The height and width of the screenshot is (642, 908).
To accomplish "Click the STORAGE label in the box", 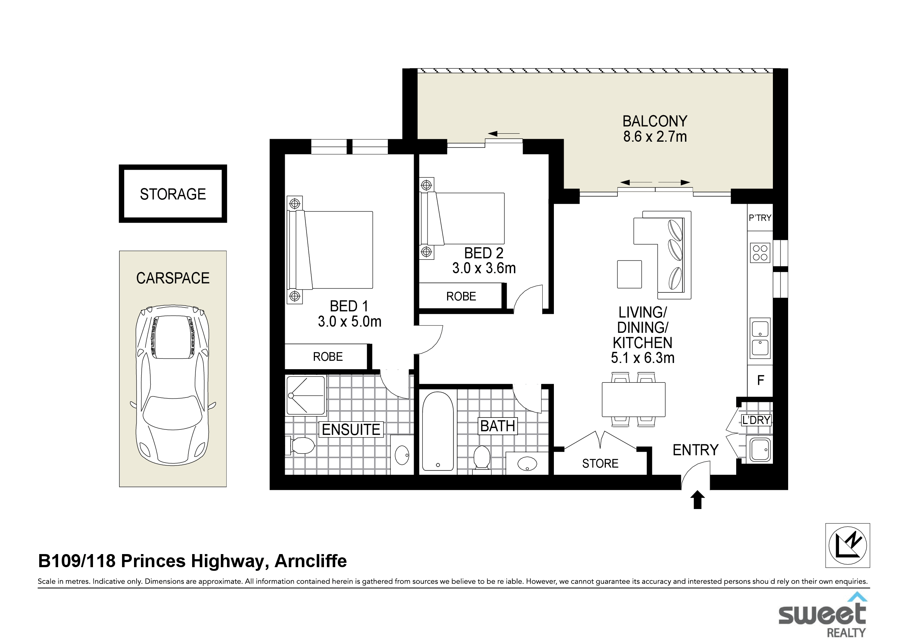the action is click(173, 194).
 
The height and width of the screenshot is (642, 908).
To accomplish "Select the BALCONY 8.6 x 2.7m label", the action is click(655, 129).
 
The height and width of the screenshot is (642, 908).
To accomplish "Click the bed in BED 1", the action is click(329, 250).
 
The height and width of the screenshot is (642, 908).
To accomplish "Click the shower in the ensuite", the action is click(306, 396).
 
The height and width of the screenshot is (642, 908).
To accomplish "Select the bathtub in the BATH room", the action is click(438, 431).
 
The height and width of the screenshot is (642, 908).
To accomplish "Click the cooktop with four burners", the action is click(760, 253).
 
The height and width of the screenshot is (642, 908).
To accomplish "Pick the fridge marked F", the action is click(760, 380).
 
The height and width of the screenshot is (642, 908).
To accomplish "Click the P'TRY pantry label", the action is click(760, 218).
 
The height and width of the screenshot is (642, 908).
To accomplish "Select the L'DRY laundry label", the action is click(756, 420).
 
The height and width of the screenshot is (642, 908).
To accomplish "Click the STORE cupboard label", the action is click(600, 464).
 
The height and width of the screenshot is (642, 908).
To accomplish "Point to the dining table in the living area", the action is click(633, 399).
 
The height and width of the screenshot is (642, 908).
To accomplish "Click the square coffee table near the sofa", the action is click(629, 274).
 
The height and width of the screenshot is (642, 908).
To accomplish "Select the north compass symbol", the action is click(847, 545).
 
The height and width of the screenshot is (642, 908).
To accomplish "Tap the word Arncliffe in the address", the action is click(311, 561).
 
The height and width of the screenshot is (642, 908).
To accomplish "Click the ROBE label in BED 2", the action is click(461, 296).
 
